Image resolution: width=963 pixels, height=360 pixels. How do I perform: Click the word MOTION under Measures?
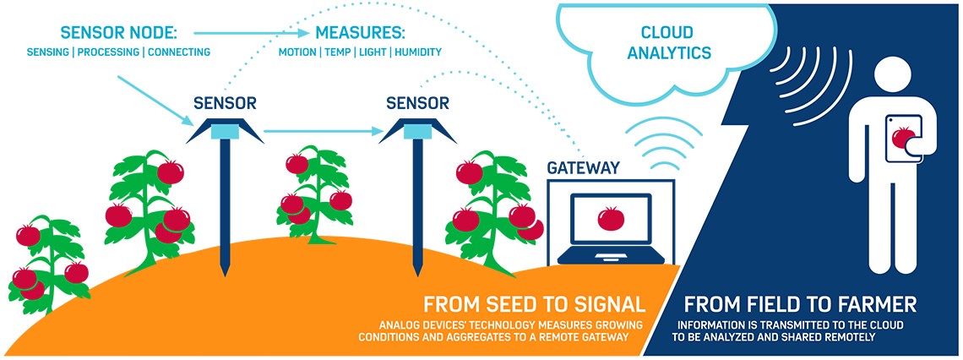click(297, 52)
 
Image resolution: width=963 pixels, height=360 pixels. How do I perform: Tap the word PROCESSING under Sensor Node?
click(106, 52)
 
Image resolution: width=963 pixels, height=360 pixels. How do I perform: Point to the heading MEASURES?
click(360, 34)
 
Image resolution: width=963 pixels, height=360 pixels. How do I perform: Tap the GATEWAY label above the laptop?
click(583, 168)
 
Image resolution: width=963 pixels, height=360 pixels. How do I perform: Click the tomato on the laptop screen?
click(610, 218)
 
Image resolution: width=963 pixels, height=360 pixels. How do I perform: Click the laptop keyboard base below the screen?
click(611, 256)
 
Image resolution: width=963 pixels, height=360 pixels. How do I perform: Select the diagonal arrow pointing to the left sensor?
click(152, 96)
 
